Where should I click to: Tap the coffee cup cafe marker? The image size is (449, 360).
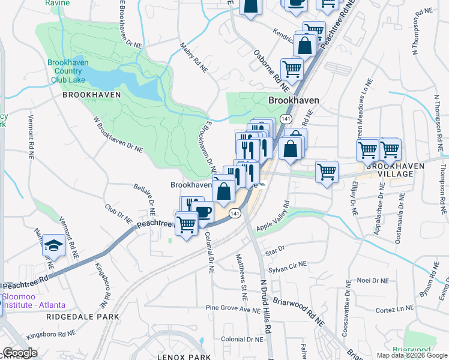pyautogui.click(x=203, y=212)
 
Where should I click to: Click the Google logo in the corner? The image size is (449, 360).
pyautogui.click(x=19, y=353)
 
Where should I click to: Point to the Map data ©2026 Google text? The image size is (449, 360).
pyautogui.click(x=412, y=355)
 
